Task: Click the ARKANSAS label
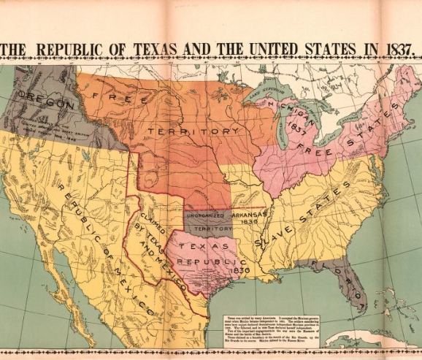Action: (250, 216)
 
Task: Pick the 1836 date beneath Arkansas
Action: (249, 227)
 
